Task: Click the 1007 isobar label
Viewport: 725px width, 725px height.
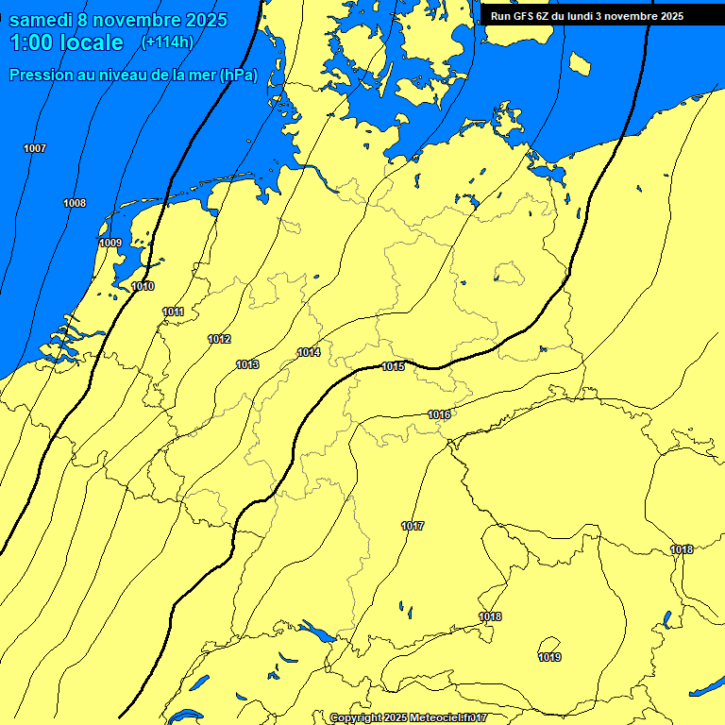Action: [x=35, y=148]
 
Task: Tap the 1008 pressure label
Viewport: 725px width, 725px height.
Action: [x=75, y=203]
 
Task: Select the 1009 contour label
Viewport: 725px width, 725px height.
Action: [x=110, y=243]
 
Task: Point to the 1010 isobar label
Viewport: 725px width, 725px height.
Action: [x=143, y=286]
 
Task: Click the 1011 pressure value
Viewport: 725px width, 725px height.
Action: [x=173, y=312]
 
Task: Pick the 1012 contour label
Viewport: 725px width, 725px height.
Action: [x=219, y=339]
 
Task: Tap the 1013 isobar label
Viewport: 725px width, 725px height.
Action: [x=247, y=364]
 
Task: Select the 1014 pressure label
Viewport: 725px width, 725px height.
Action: [x=309, y=352]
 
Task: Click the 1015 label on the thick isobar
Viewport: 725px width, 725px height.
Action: [x=393, y=366]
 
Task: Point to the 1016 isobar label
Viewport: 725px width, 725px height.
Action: [x=439, y=414]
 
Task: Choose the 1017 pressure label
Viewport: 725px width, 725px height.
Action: [x=413, y=526]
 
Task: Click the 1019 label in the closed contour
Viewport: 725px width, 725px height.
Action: [x=549, y=657]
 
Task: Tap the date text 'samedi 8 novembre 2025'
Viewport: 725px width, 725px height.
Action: [x=117, y=20]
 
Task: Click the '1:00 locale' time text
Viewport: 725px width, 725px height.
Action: [x=66, y=42]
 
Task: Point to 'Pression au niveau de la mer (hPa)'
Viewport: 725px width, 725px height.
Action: [x=133, y=75]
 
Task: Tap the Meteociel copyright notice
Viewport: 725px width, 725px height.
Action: [x=409, y=718]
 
